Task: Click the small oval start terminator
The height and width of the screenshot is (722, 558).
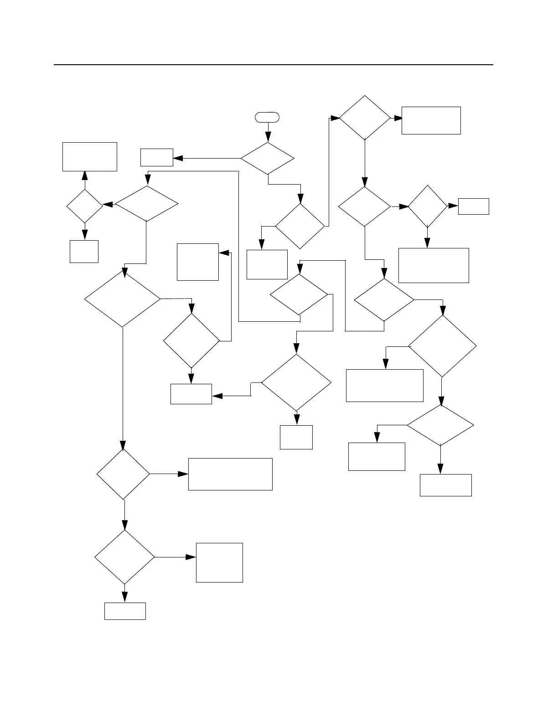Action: pyautogui.click(x=267, y=117)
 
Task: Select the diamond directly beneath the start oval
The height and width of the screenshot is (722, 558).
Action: pyautogui.click(x=268, y=158)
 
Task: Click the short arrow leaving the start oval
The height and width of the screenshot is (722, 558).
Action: pyautogui.click(x=268, y=132)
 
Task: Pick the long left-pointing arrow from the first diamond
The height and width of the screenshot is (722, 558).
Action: pyautogui.click(x=207, y=158)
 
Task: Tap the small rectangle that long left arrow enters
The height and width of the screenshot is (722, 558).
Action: pyautogui.click(x=157, y=157)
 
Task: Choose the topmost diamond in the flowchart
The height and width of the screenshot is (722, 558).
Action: pyautogui.click(x=365, y=118)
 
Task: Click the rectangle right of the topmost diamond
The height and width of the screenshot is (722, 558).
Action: pyautogui.click(x=431, y=120)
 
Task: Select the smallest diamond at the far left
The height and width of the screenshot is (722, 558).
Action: pyautogui.click(x=85, y=206)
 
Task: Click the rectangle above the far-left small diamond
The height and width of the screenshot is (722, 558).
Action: pyautogui.click(x=90, y=156)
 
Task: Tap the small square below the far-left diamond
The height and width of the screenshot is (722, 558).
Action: pyautogui.click(x=84, y=251)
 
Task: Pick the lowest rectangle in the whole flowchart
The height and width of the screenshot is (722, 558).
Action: pyautogui.click(x=125, y=611)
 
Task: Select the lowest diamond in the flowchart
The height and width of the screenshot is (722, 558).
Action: pyautogui.click(x=124, y=557)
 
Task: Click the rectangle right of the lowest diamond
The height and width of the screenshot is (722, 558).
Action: pyautogui.click(x=219, y=562)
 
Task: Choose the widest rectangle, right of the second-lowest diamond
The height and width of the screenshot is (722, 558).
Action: pyautogui.click(x=230, y=474)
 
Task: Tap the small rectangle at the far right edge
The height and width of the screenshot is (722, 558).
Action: pyautogui.click(x=473, y=206)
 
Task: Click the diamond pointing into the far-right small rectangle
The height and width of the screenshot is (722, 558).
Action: pyautogui.click(x=427, y=206)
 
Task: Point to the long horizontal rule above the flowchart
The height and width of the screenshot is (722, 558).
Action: pyautogui.click(x=274, y=65)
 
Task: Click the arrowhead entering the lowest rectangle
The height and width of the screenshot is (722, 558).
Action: pyautogui.click(x=124, y=597)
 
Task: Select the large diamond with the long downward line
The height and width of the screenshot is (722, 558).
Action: pyautogui.click(x=123, y=299)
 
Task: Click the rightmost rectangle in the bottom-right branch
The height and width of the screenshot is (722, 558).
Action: pyautogui.click(x=445, y=485)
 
